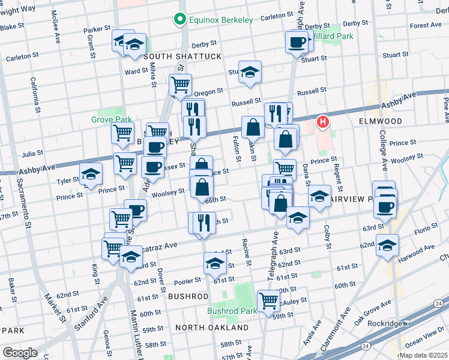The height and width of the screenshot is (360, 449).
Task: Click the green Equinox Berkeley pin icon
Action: coord(178,20)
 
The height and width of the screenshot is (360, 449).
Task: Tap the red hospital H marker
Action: coord(324,123)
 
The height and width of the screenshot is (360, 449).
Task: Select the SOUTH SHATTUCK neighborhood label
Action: coord(174,56)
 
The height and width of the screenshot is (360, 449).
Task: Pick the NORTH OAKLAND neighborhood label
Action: coord(212,328)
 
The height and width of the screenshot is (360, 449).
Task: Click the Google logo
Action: coord(19,352)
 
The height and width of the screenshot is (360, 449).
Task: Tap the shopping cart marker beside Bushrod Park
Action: coord(268,299)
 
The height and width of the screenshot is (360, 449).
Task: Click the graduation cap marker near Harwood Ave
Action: coord(387,244)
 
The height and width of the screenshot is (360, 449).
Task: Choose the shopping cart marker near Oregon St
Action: coord(179,84)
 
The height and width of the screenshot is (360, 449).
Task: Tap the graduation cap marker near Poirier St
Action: coord(215,262)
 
